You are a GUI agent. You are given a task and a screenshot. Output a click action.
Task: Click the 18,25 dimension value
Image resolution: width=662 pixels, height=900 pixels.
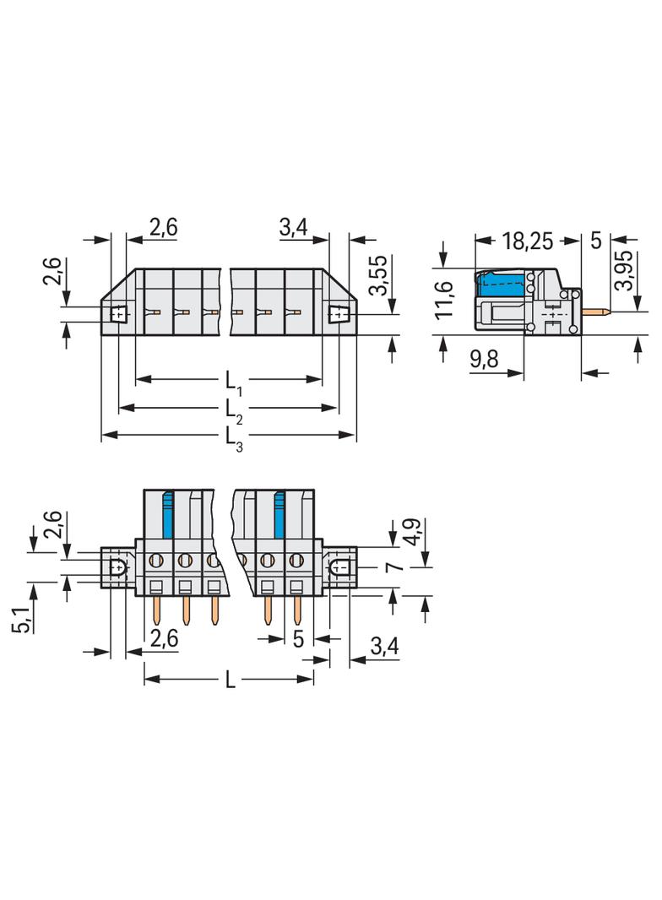click(x=528, y=241)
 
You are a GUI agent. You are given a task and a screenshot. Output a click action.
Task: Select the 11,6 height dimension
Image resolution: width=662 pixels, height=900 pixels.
click(x=444, y=300)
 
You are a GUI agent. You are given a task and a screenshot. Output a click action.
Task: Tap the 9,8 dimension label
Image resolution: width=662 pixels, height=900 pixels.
click(x=484, y=360)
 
